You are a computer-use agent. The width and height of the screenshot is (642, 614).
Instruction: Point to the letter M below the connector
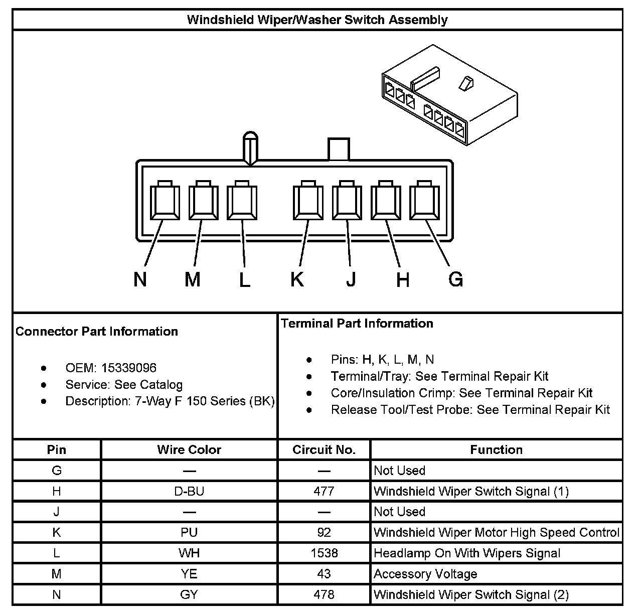pyautogui.click(x=192, y=279)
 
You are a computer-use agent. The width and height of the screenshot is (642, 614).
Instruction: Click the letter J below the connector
pyautogui.click(x=351, y=279)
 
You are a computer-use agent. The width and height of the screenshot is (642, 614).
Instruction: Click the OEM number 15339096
pyautogui.click(x=128, y=368)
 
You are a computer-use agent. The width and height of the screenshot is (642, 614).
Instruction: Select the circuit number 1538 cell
pyautogui.click(x=324, y=553)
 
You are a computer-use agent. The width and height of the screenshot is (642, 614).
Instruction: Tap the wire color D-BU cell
pyautogui.click(x=189, y=491)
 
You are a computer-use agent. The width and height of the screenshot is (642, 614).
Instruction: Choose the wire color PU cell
pyautogui.click(x=189, y=532)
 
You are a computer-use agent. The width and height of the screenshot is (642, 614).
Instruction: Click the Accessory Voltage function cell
pyautogui.click(x=425, y=574)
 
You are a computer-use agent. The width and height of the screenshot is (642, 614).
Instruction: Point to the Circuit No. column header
pyautogui.click(x=324, y=449)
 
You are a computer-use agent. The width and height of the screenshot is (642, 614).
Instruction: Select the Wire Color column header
pyautogui.click(x=189, y=449)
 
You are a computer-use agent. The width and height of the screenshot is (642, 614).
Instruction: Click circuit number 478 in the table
pyautogui.click(x=324, y=594)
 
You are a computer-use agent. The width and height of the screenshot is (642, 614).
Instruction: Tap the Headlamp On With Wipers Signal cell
pyautogui.click(x=467, y=553)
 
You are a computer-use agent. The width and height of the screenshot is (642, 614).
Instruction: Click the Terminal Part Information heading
pyautogui.click(x=357, y=324)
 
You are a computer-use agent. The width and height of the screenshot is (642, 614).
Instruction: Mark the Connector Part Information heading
pyautogui.click(x=97, y=332)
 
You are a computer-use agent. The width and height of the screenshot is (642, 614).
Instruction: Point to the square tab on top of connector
pyautogui.click(x=339, y=149)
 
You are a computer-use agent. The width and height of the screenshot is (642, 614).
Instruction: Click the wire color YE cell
pyautogui.click(x=189, y=574)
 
